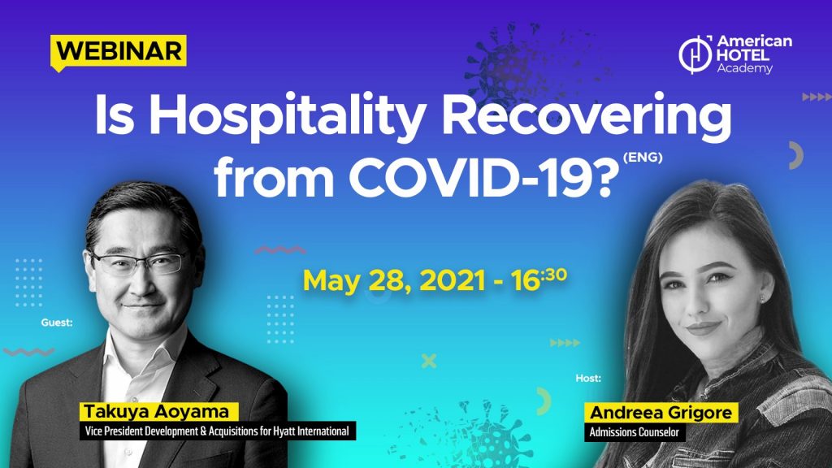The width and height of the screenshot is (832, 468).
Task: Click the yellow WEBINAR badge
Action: point(119,52)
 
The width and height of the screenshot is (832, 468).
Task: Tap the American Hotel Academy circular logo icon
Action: point(695,54)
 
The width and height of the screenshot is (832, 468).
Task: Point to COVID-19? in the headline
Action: point(483,176)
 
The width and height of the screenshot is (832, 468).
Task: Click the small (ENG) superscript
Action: point(643,157)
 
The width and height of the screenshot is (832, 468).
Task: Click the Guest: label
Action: point(57,322)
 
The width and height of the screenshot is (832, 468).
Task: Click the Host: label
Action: point(588,378)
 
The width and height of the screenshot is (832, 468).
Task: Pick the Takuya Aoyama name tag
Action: point(157,412)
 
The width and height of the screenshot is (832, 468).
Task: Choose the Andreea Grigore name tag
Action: point(661,412)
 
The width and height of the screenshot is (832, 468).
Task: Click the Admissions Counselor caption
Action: point(635,432)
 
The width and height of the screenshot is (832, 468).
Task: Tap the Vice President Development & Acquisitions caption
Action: point(218,431)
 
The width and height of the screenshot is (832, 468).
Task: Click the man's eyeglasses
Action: point(139,263)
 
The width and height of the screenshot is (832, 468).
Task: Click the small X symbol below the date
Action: point(429,361)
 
